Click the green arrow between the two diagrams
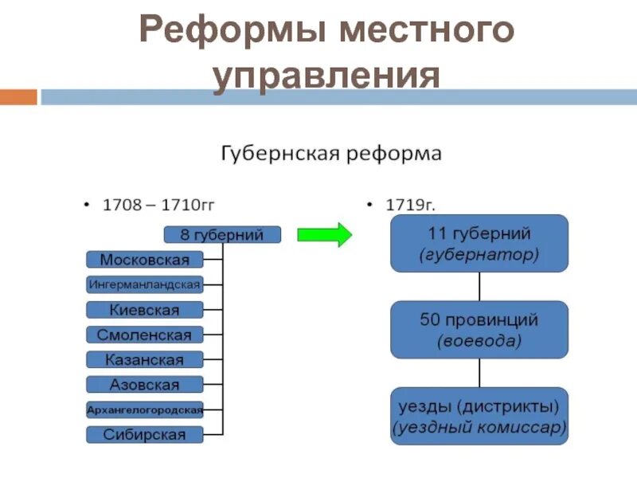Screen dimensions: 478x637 [324, 235]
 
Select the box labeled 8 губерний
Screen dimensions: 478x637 [222, 235]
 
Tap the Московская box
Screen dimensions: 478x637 [144, 260]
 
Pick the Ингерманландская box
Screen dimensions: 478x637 [144, 284]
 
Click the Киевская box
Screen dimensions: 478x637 [144, 310]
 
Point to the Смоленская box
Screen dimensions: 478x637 [144, 335]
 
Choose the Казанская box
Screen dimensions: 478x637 [144, 360]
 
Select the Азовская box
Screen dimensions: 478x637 [144, 385]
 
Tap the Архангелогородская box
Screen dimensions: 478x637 [144, 410]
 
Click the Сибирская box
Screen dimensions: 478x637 [144, 435]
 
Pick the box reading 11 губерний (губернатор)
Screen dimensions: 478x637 [479, 244]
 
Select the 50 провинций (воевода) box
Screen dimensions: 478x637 [479, 330]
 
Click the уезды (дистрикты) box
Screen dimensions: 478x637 [479, 416]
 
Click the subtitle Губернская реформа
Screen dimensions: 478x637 [330, 153]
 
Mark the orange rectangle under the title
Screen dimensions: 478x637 [18, 97]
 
